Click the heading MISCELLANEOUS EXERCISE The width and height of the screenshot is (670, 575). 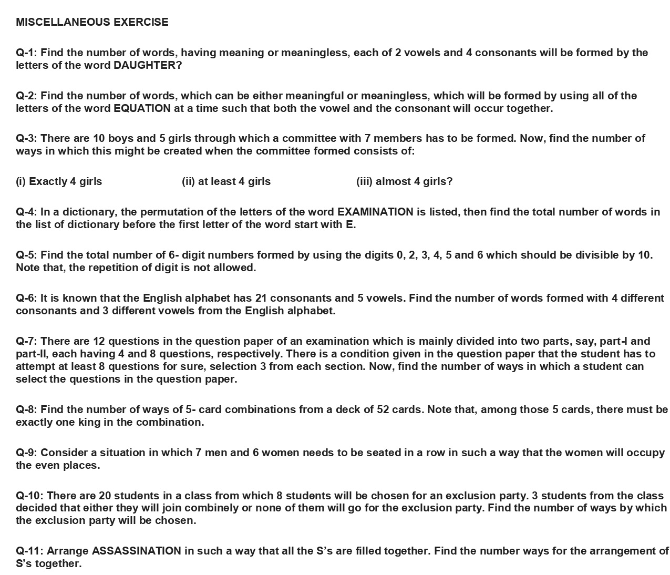[92, 22]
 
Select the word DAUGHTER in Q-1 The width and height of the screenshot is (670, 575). [144, 65]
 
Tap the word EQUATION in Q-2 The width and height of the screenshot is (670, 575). [142, 108]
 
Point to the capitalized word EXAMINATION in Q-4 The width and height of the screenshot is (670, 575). [375, 212]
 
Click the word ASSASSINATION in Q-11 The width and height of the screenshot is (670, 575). [137, 551]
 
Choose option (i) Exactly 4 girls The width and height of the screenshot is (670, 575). [59, 181]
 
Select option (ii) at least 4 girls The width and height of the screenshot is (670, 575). [226, 181]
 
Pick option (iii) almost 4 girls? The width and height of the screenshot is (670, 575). [404, 181]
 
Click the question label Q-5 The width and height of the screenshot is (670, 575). [26, 255]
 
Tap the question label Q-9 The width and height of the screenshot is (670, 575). [26, 453]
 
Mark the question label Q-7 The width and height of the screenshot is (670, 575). [26, 341]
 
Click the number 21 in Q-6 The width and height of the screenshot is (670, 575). [261, 298]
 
